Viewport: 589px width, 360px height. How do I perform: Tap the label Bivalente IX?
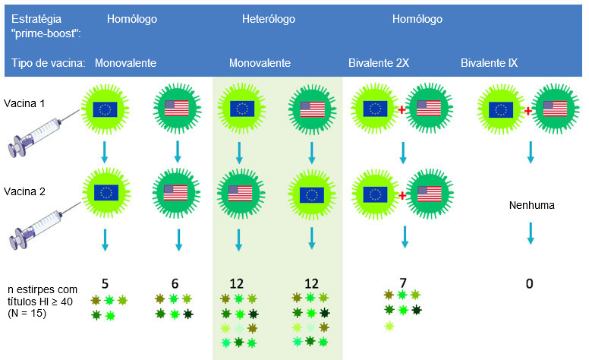pos(489,63)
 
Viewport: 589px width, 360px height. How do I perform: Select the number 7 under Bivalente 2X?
pos(403,283)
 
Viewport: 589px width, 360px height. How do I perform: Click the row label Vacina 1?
pos(24,103)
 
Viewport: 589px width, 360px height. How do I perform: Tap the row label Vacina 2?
pos(24,192)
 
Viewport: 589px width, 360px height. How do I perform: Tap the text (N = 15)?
pos(27,312)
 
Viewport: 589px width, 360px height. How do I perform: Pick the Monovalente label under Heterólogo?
pos(260,63)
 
